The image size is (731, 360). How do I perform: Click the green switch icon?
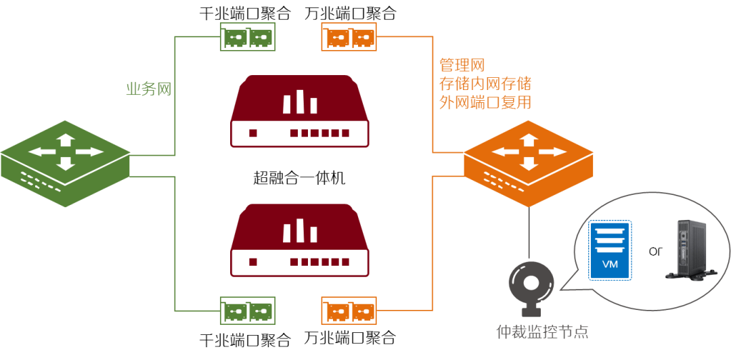65,163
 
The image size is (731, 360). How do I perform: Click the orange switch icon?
529,163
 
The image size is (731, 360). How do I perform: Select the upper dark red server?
299,111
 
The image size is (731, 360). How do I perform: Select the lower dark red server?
299,240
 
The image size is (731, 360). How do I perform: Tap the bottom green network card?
248,311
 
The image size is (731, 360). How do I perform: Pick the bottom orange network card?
349,311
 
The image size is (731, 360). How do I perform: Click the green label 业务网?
149,89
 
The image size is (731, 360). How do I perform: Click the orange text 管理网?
463,65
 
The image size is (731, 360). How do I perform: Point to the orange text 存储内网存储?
485,84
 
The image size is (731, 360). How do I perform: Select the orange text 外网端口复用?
485,103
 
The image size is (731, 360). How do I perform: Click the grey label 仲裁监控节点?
542,332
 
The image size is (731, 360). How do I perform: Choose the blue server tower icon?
610,250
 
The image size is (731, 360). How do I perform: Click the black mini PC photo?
690,250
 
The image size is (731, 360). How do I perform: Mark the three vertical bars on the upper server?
299,102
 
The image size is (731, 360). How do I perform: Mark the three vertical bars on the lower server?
299,231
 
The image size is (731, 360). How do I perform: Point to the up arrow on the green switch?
65,140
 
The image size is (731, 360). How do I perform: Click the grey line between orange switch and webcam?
529,233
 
